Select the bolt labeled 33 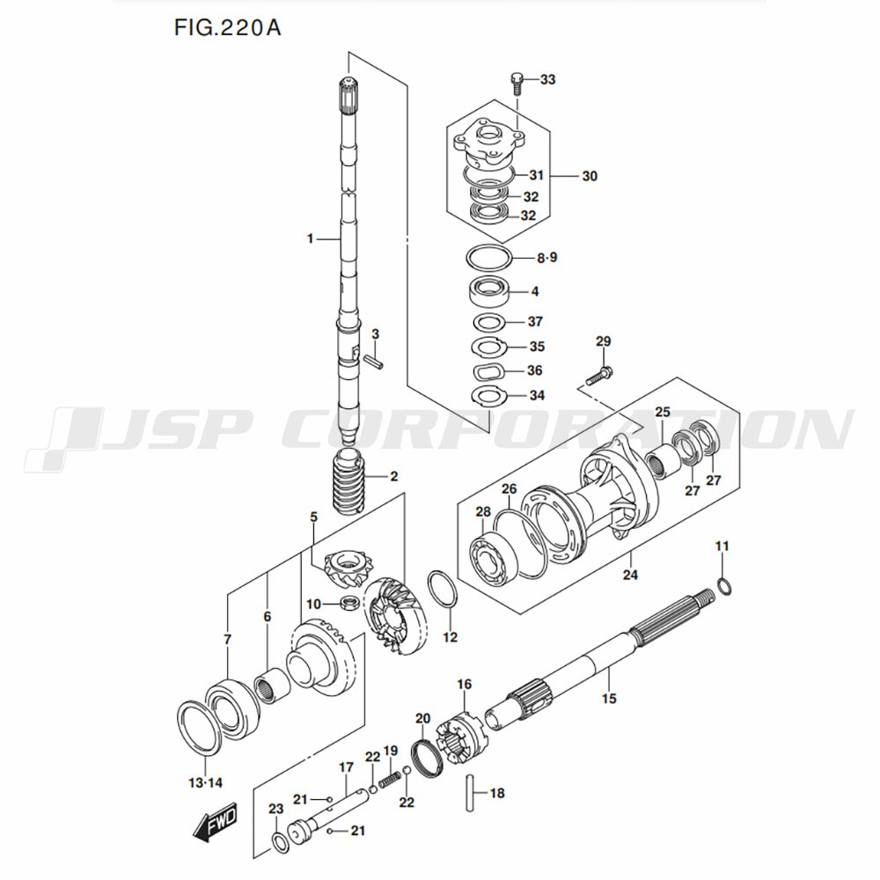point(517,83)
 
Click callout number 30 point(589,176)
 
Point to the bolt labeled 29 point(599,377)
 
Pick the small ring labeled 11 point(722,586)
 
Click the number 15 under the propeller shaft point(609,699)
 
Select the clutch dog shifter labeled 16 point(460,733)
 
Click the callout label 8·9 point(547,258)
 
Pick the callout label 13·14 point(206,782)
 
